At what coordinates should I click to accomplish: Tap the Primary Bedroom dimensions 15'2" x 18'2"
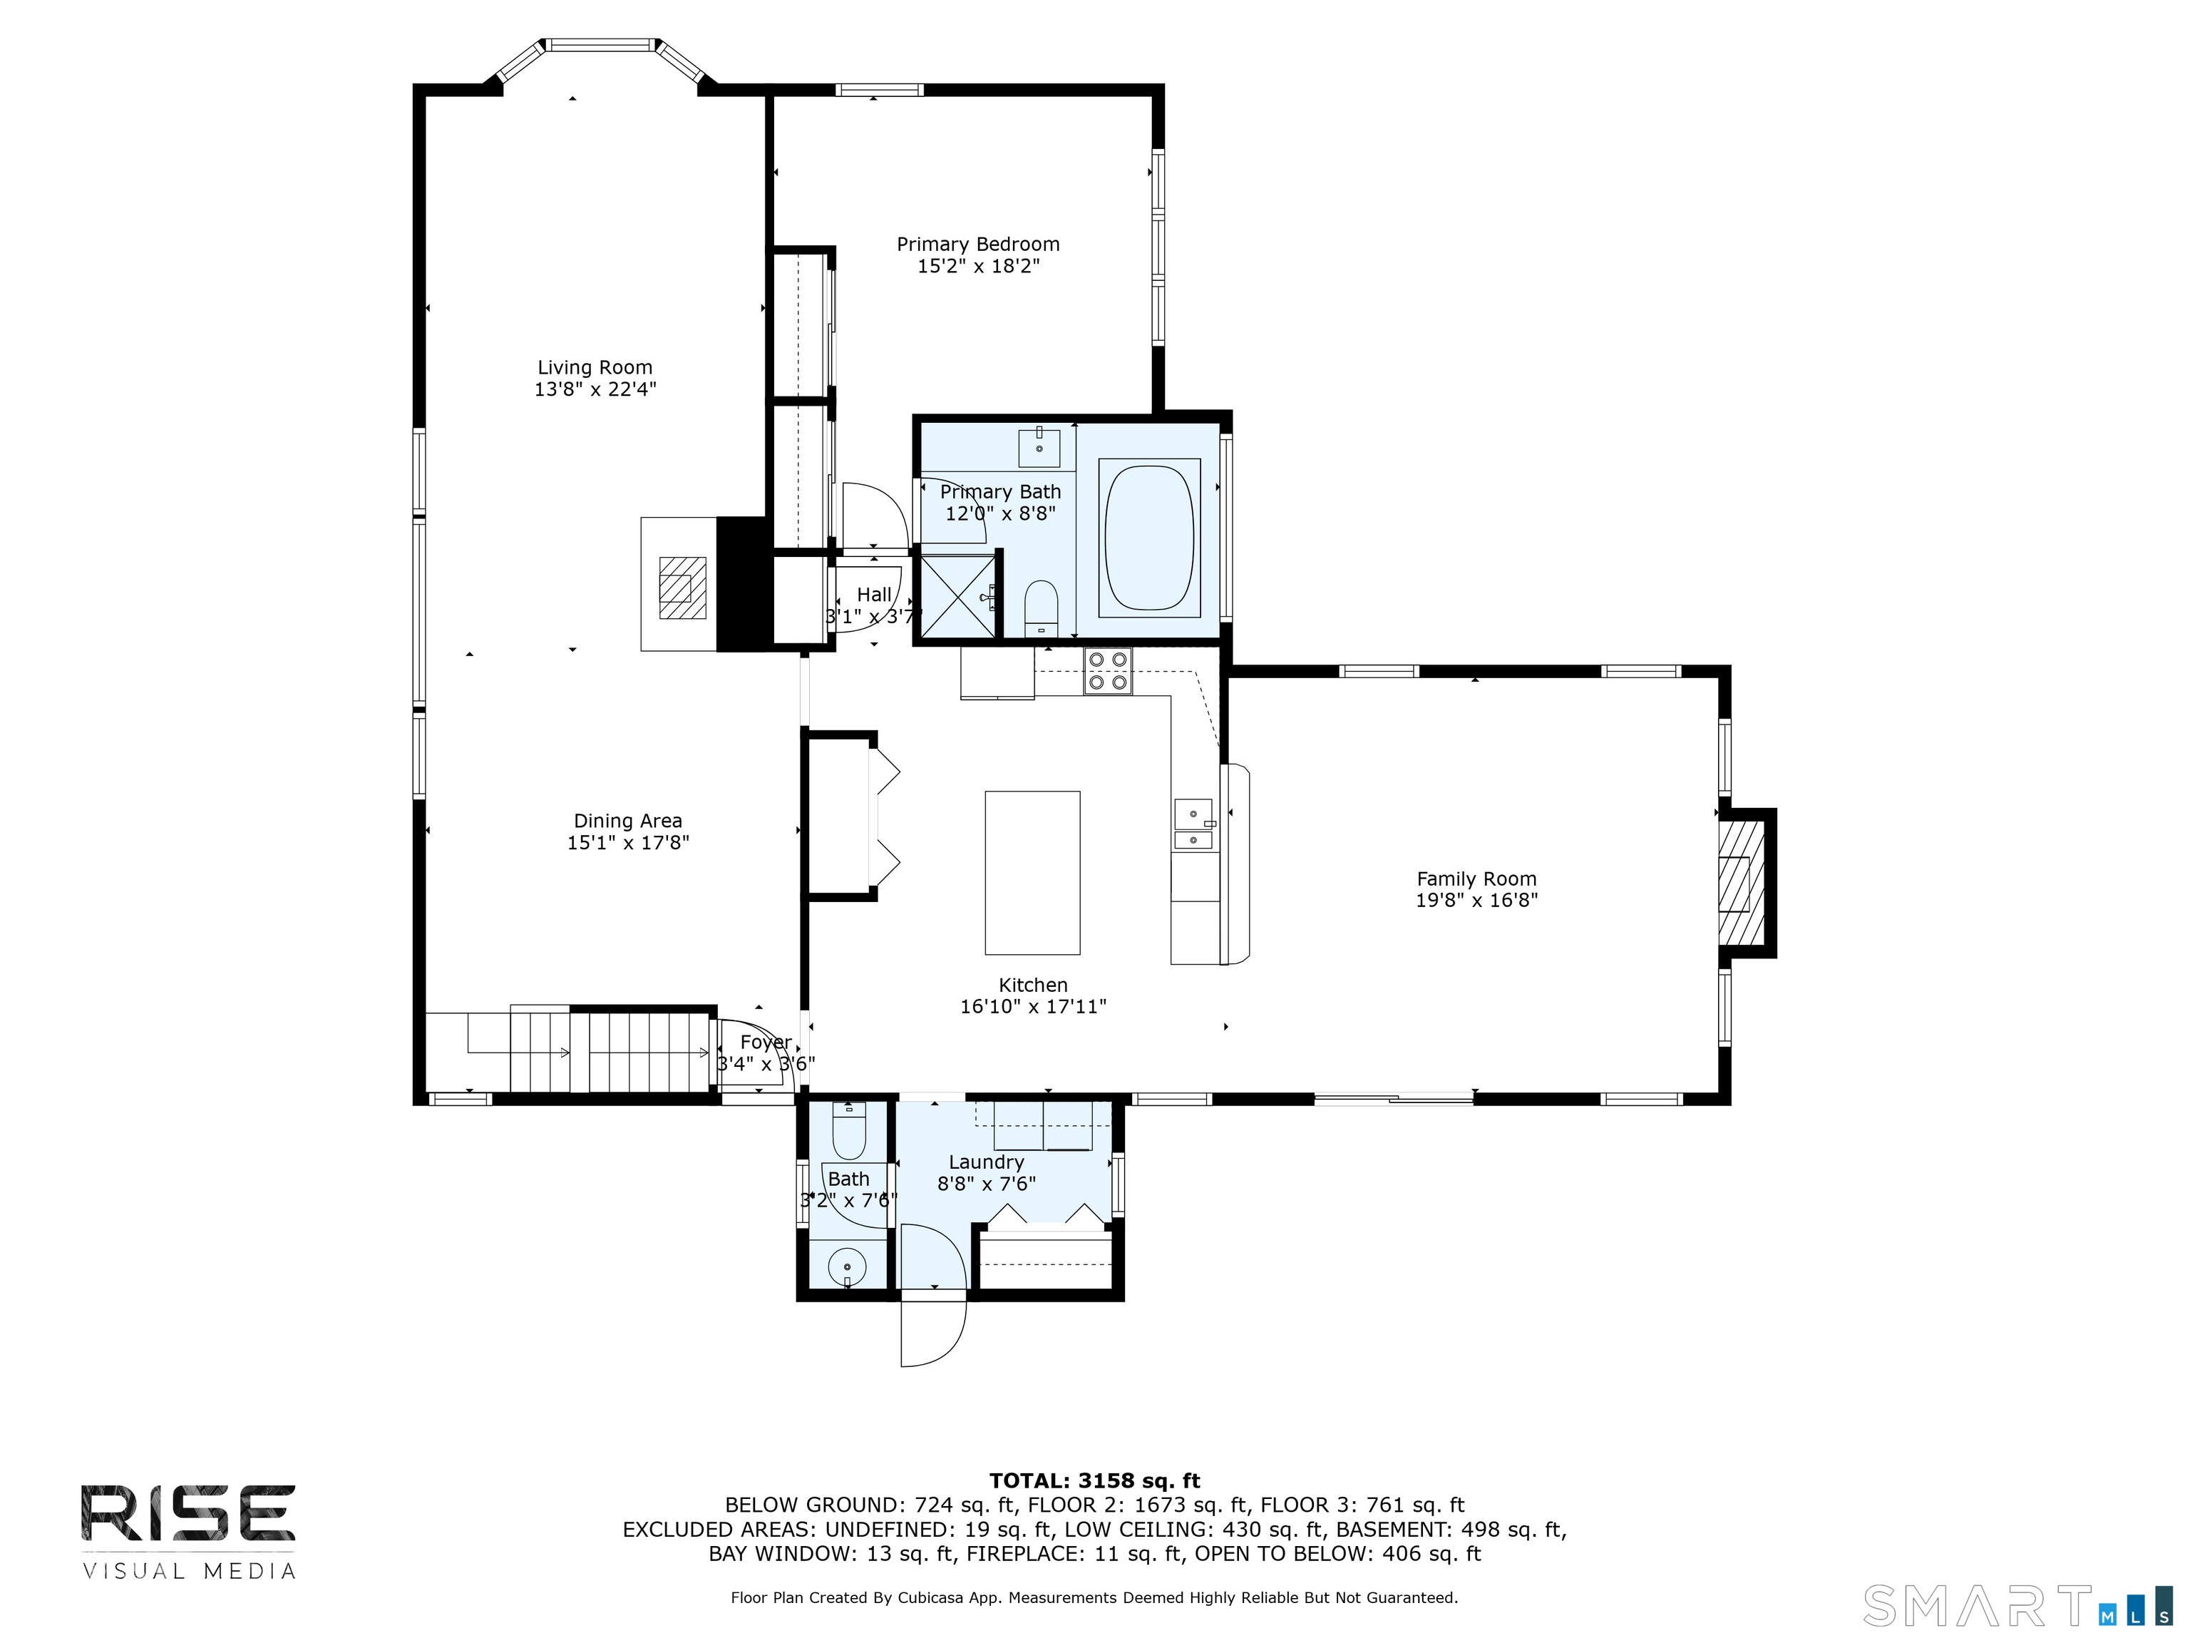pyautogui.click(x=977, y=267)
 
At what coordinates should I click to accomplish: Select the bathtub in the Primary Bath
pyautogui.click(x=1148, y=538)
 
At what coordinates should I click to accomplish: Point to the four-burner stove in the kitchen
pyautogui.click(x=1107, y=670)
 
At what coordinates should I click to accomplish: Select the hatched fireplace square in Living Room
pyautogui.click(x=683, y=588)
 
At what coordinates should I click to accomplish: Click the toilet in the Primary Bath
pyautogui.click(x=1041, y=607)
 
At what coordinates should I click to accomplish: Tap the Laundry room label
pyautogui.click(x=986, y=1162)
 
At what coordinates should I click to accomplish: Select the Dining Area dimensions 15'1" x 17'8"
pyautogui.click(x=627, y=843)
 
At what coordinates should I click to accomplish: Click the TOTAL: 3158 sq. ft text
pyautogui.click(x=1094, y=1480)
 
